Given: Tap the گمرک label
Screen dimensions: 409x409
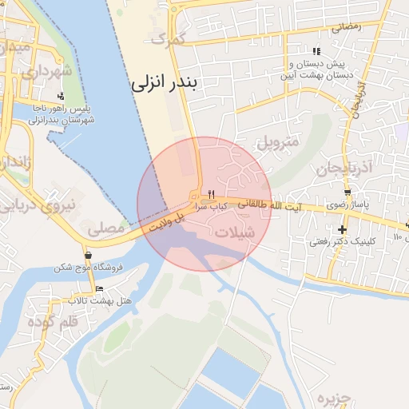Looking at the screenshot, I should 169,38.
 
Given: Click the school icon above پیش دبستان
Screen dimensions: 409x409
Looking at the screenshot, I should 317,51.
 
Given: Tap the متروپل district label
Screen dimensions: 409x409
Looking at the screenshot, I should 278,144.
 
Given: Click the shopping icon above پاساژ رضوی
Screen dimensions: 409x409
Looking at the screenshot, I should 347,193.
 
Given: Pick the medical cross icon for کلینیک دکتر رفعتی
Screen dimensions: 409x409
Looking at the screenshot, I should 343,229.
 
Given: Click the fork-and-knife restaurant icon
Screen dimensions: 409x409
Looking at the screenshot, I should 212,194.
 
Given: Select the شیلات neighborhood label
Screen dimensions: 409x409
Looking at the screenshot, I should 236,232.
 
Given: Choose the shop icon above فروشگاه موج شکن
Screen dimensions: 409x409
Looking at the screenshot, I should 88,256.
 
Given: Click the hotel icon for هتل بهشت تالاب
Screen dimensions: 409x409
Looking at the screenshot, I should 99,288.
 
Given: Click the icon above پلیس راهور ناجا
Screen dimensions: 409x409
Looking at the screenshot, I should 62,96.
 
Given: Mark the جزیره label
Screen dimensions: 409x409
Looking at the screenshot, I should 334,398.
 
